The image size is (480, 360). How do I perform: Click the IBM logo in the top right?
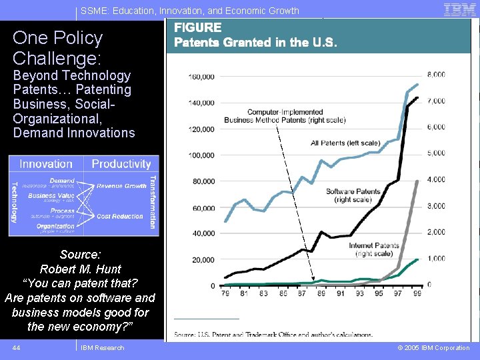tap(459, 9)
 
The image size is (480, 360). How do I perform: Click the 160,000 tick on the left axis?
tap(201, 77)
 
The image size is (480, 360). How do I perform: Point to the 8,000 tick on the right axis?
tap(436, 75)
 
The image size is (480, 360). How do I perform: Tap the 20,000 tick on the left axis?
tap(203, 260)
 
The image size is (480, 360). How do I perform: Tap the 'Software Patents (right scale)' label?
tap(353, 195)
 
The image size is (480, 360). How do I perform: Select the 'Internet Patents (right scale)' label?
tap(374, 249)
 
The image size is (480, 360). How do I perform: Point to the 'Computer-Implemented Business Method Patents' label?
tap(285, 116)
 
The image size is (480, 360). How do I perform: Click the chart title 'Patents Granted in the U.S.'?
tap(255, 43)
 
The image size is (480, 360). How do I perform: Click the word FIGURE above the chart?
tap(197, 28)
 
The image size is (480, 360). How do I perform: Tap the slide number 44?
tap(17, 348)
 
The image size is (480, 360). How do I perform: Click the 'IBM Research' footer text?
tap(102, 348)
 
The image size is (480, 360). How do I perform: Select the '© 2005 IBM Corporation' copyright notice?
tap(433, 348)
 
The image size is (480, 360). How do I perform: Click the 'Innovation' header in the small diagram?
tap(46, 164)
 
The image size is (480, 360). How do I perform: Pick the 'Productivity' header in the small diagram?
tap(121, 164)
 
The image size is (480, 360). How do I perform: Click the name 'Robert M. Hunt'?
tap(81, 269)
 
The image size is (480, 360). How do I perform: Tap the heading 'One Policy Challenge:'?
tap(58, 47)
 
